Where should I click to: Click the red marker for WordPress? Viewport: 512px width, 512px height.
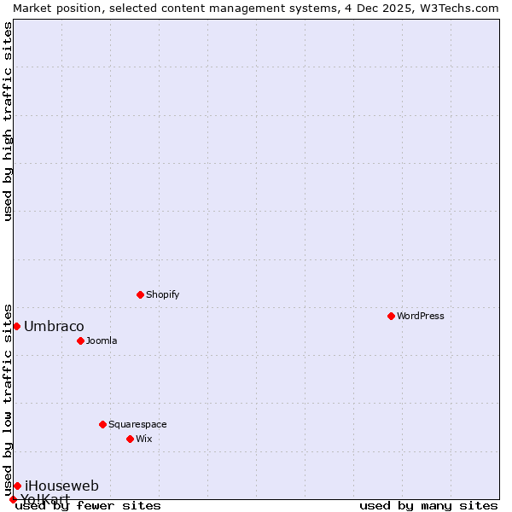(x=391, y=316)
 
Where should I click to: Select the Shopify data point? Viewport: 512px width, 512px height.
(x=140, y=294)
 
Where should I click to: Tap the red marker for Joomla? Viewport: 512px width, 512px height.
(x=80, y=340)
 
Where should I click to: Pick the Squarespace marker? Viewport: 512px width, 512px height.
(x=102, y=424)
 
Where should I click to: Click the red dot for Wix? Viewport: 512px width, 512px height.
(x=130, y=439)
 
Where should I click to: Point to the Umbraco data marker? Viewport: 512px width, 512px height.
(x=16, y=326)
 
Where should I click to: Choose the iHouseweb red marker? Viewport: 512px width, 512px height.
(x=17, y=486)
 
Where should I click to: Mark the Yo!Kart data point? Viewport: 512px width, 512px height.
(x=13, y=499)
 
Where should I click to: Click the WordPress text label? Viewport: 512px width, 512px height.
(x=421, y=316)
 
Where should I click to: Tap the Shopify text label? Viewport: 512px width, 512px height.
(x=162, y=294)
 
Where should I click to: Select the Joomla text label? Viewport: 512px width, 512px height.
(x=102, y=340)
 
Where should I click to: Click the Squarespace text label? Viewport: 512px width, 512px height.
(x=137, y=424)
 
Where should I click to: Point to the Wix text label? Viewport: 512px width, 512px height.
(x=143, y=439)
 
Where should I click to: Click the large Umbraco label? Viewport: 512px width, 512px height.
(x=54, y=326)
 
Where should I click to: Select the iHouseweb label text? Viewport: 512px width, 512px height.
(x=61, y=486)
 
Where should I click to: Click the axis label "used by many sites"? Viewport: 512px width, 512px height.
(x=428, y=505)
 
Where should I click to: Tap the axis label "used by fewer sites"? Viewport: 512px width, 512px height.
(x=89, y=505)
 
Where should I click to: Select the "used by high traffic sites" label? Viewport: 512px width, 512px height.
(x=8, y=121)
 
